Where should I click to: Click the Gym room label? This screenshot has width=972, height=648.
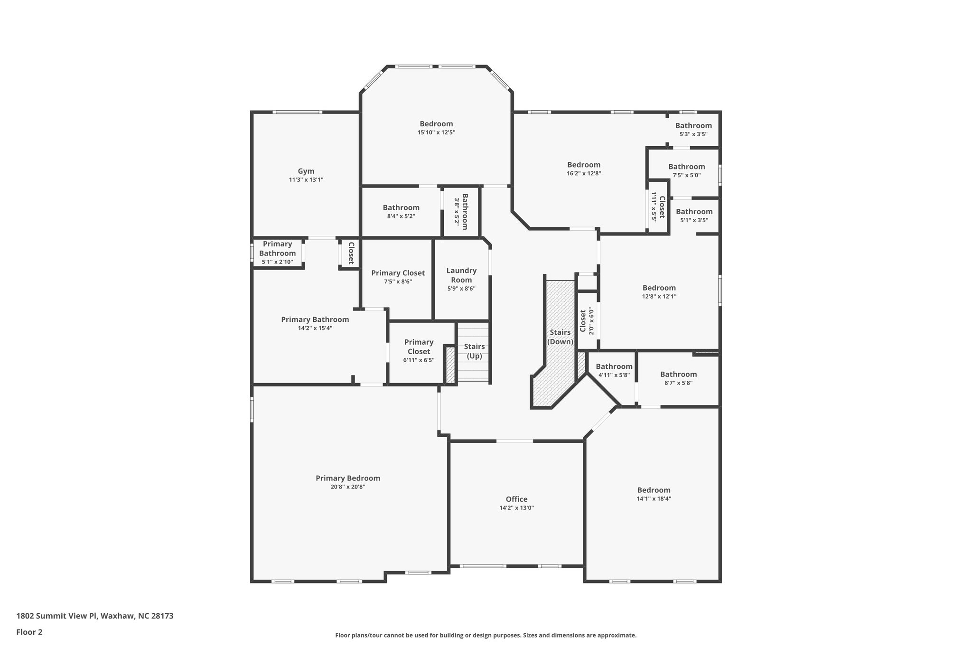[x=306, y=171]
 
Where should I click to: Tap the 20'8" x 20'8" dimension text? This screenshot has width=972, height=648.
[x=347, y=487]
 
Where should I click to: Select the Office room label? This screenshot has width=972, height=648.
[x=516, y=499]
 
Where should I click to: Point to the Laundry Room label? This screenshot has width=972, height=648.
[x=461, y=275]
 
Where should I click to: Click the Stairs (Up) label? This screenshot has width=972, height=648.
[x=474, y=351]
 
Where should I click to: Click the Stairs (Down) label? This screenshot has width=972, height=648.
[x=560, y=337]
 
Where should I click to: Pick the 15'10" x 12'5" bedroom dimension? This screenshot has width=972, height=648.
[x=436, y=132]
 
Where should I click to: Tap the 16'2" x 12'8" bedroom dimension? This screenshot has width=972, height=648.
[x=584, y=173]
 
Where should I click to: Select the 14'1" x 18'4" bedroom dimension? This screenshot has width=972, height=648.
[x=654, y=498]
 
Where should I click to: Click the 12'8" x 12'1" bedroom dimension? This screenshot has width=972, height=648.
[x=659, y=296]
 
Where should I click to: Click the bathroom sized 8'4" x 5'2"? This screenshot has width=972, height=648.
[x=401, y=212]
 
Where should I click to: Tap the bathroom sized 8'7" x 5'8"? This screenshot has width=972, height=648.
[x=678, y=378]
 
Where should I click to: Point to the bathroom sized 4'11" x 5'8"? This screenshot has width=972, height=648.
[x=614, y=370]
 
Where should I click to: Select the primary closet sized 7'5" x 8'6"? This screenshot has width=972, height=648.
[x=398, y=277]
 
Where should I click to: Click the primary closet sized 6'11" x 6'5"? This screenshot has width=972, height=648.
[x=419, y=350]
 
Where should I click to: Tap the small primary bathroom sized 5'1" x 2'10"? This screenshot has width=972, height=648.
[x=277, y=253]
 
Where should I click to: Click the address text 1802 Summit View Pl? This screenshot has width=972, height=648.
[x=95, y=616]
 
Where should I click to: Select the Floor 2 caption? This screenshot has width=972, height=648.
[x=29, y=632]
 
